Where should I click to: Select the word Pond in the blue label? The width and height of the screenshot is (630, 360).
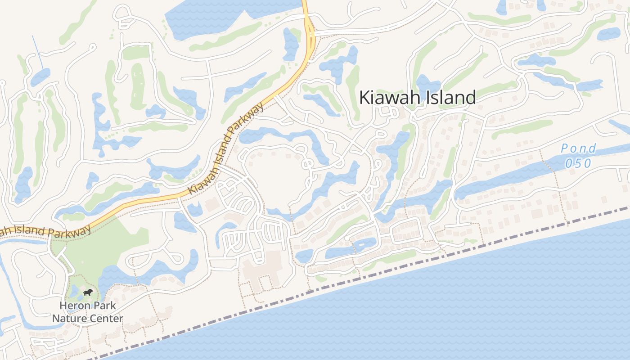pyautogui.click(x=578, y=148)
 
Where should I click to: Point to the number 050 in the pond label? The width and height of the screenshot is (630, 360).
pyautogui.click(x=578, y=163)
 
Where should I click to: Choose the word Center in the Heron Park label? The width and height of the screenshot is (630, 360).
pyautogui.click(x=105, y=319)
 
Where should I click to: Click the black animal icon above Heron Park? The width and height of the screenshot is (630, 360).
pyautogui.click(x=88, y=293)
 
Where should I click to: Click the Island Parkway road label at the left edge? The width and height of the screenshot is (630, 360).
pyautogui.click(x=45, y=231)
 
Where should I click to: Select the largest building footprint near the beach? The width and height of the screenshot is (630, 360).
pyautogui.click(x=261, y=270)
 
